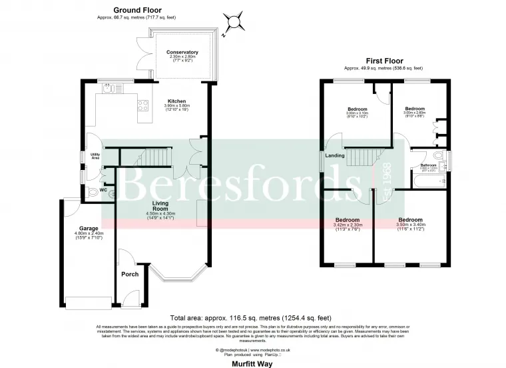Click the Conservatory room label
tap(182, 52)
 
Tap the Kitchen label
tap(158, 101)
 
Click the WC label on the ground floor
tap(103, 190)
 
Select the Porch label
tap(129, 274)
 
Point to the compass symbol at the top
tap(234, 23)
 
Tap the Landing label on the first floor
tap(335, 156)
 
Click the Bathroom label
tap(427, 165)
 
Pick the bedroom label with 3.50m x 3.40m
tap(410, 220)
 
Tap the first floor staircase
tap(362, 158)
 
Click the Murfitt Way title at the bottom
tap(251, 363)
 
